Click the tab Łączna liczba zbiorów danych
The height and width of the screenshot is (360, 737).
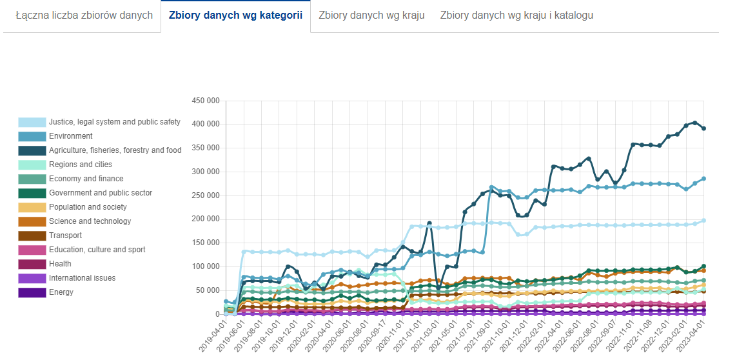click(x=84, y=15)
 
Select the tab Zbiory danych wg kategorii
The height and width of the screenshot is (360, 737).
click(x=235, y=15)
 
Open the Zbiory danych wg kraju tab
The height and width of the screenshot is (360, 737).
click(x=371, y=15)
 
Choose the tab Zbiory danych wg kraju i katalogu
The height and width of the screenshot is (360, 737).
click(x=516, y=15)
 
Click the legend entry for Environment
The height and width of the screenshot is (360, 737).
click(x=70, y=136)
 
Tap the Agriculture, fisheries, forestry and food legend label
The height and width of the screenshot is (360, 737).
click(x=115, y=150)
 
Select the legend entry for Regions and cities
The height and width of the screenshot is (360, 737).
click(x=80, y=165)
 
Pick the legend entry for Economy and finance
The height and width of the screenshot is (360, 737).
click(x=86, y=179)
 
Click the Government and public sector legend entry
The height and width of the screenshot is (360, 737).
click(x=100, y=193)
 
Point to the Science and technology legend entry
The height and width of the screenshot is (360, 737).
click(x=90, y=221)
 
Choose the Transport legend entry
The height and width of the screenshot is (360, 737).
click(x=65, y=235)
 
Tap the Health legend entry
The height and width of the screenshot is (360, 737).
click(x=60, y=264)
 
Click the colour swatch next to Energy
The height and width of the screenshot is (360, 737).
click(x=32, y=292)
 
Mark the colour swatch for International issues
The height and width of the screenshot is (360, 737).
click(x=32, y=278)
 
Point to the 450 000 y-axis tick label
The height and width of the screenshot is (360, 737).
click(x=206, y=101)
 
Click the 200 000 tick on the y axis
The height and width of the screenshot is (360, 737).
click(x=206, y=219)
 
